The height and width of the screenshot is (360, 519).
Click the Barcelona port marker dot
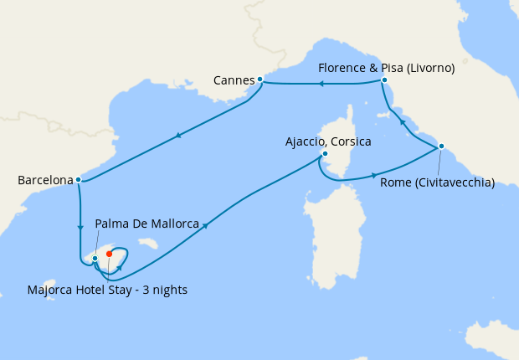(78, 179)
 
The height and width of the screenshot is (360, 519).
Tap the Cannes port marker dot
(260, 80)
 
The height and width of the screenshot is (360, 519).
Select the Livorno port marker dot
(383, 80)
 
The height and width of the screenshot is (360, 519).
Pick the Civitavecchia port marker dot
(440, 147)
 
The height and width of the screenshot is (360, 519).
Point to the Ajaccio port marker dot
(325, 154)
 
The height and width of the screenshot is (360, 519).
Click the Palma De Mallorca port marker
(95, 258)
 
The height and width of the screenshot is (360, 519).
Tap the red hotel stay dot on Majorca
(110, 254)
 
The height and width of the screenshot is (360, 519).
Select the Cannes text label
(234, 80)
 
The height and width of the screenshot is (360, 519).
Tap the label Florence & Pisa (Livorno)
(387, 69)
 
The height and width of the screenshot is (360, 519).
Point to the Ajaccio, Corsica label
(328, 142)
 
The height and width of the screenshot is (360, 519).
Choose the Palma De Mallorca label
(146, 224)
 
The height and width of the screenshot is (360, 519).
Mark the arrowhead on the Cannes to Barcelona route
(177, 135)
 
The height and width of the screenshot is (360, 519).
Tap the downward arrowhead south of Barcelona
(80, 226)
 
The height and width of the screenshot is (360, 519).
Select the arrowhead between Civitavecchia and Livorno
(403, 123)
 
